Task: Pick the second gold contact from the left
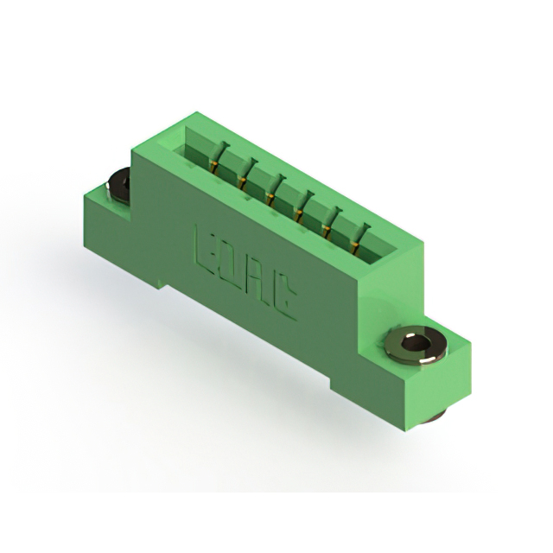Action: pyautogui.click(x=242, y=182)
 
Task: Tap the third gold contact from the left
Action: pyautogui.click(x=270, y=198)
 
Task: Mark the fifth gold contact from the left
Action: pyautogui.click(x=327, y=231)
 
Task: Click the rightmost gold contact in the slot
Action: pyautogui.click(x=355, y=246)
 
